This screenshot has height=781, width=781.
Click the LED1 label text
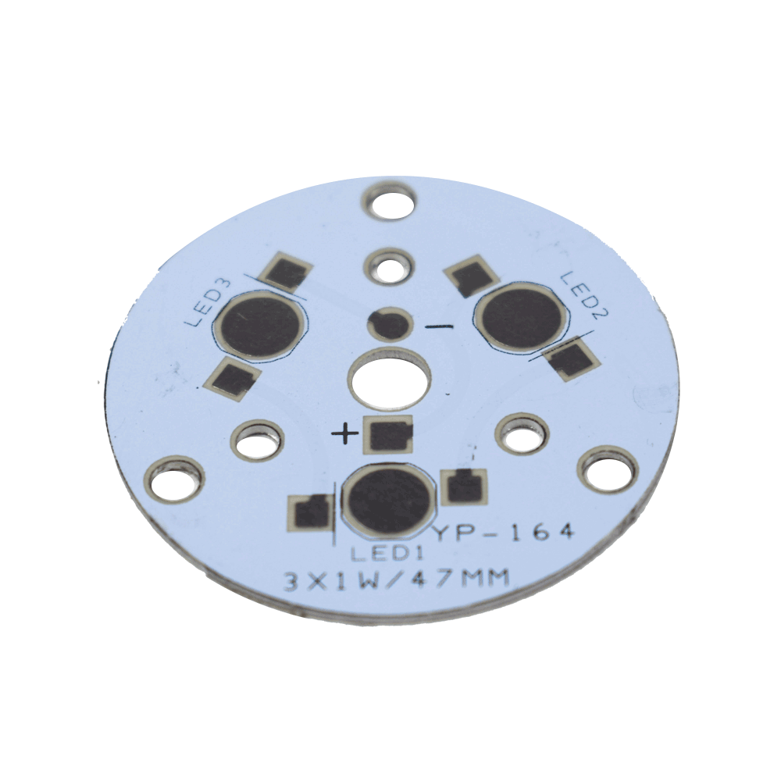(x=387, y=554)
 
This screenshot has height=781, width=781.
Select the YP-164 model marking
(x=505, y=533)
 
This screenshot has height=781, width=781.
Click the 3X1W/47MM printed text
(x=397, y=580)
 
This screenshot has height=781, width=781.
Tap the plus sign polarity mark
(x=344, y=433)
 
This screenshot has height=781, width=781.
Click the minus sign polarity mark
(x=439, y=326)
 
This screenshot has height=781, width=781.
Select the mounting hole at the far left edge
(x=174, y=480)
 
